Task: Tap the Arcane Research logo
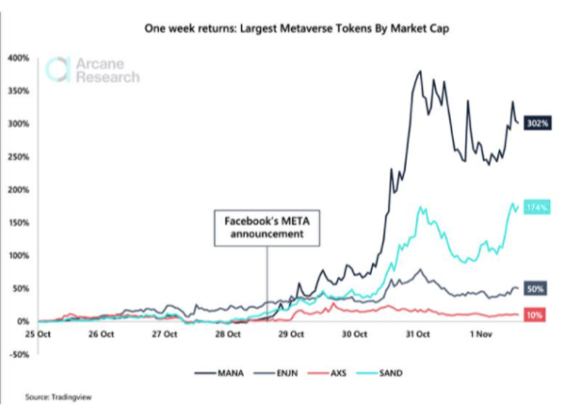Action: pyautogui.click(x=94, y=70)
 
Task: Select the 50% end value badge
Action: pyautogui.click(x=536, y=288)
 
